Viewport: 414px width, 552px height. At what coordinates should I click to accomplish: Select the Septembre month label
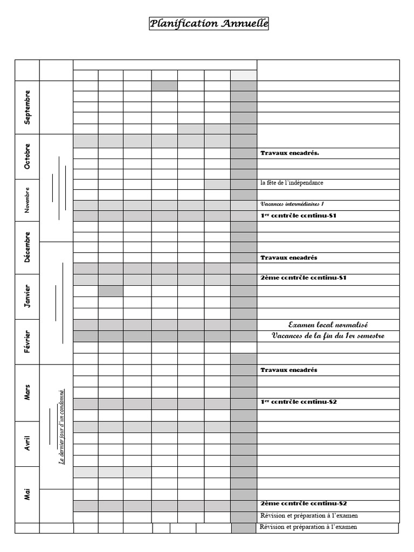click(x=27, y=107)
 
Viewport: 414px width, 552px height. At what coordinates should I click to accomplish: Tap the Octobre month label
click(x=27, y=156)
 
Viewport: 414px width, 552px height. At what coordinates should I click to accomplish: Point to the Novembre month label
click(x=27, y=200)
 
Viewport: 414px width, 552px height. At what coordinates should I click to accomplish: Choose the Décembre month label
click(x=27, y=247)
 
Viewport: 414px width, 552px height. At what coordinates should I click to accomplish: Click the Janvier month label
click(x=27, y=296)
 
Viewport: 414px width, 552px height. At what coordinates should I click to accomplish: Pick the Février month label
click(x=27, y=342)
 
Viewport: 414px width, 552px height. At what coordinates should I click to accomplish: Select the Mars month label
click(x=27, y=392)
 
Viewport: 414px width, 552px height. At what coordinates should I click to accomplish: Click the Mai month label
click(x=27, y=494)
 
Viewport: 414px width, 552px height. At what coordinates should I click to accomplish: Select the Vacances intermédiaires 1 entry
click(x=292, y=204)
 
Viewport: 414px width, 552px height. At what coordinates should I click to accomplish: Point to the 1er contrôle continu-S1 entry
click(x=299, y=216)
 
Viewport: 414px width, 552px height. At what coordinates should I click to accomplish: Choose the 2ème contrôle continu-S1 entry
click(x=302, y=278)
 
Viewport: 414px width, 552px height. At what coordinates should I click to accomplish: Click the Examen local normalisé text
click(x=328, y=325)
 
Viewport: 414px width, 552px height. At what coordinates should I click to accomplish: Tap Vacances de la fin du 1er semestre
click(x=328, y=336)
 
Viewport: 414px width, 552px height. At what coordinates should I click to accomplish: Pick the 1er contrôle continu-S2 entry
click(x=299, y=402)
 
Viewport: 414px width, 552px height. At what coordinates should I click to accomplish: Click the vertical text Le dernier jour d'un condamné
click(x=61, y=426)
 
